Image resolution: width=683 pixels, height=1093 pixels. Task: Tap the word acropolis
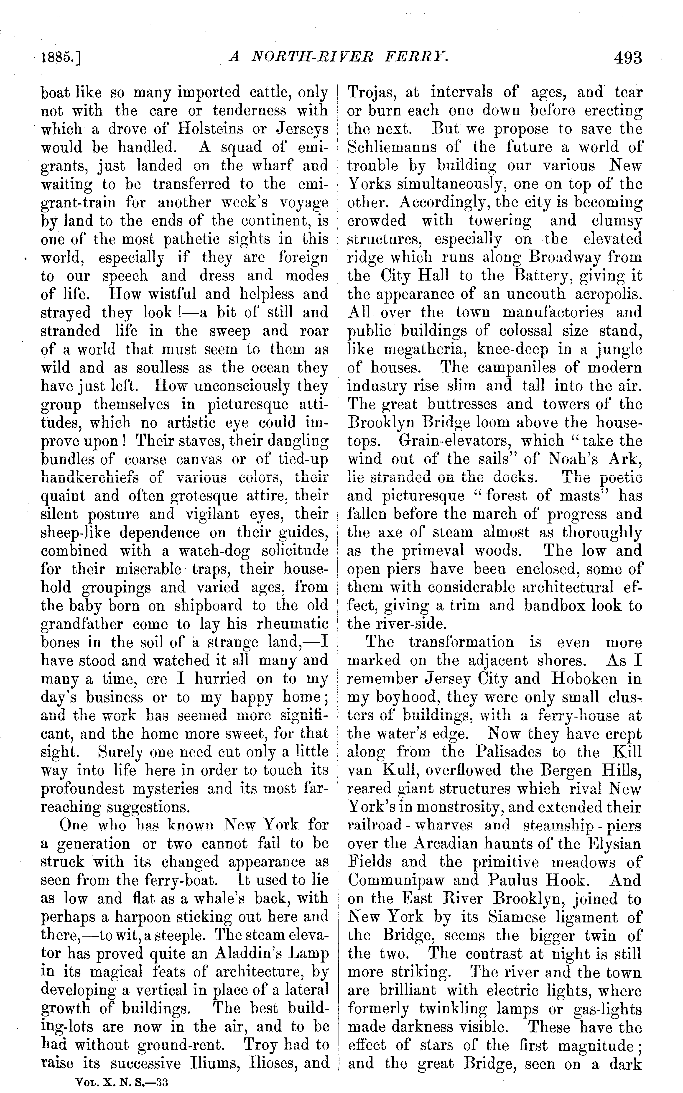point(608,294)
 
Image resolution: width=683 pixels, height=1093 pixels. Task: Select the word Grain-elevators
point(454,441)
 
